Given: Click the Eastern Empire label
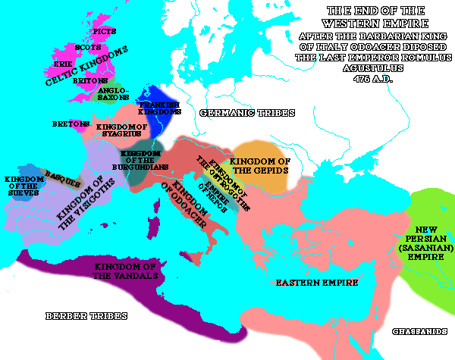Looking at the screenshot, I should pyautogui.click(x=306, y=283).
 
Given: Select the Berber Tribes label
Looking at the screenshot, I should pyautogui.click(x=86, y=315).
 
